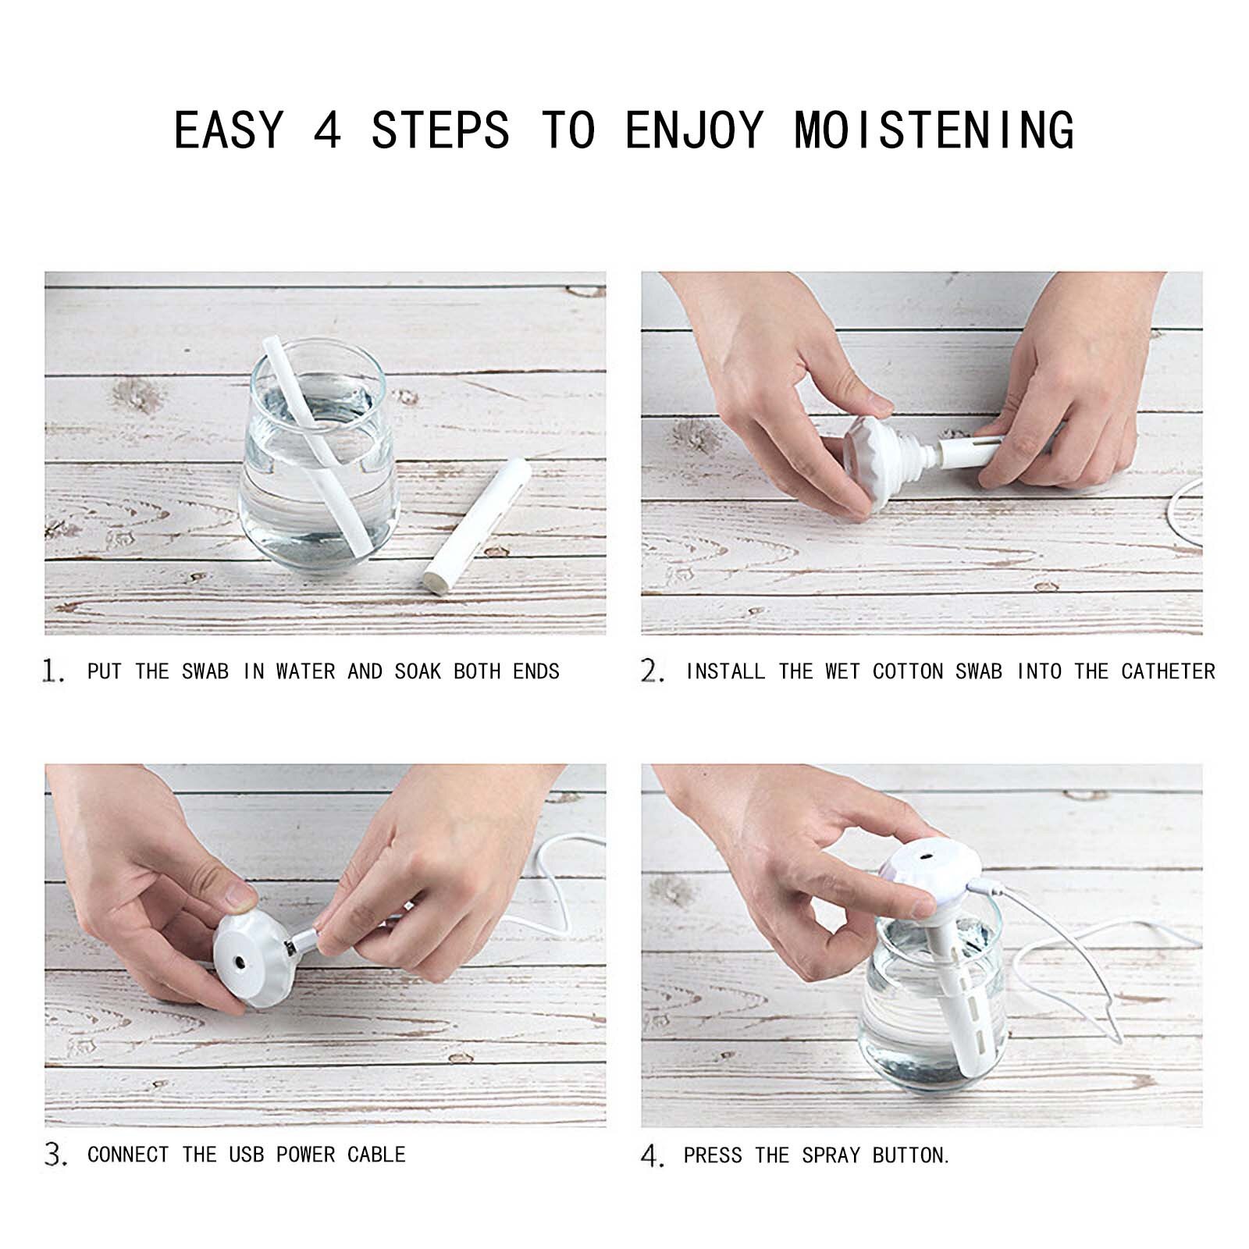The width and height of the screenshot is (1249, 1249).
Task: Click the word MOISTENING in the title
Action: click(934, 130)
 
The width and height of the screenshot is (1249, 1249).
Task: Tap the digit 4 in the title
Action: click(327, 130)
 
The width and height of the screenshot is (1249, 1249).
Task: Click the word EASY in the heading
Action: click(228, 130)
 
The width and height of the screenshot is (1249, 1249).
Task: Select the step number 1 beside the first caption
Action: click(52, 671)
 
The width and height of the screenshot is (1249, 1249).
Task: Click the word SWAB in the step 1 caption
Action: click(205, 671)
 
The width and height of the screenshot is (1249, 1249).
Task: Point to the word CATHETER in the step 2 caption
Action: click(1168, 671)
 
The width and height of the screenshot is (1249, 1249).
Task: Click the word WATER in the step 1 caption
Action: click(305, 671)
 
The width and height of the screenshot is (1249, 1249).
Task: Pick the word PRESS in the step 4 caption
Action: click(712, 1155)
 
